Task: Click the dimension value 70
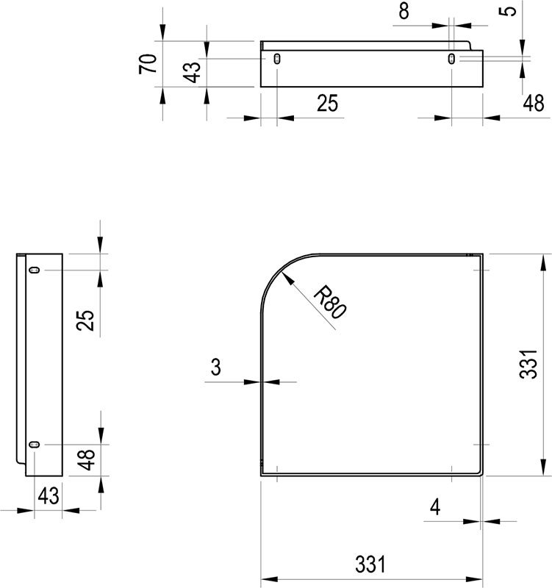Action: point(147,64)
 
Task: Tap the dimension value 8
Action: point(404,12)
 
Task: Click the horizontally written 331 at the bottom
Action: point(370,564)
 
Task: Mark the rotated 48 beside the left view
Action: point(87,460)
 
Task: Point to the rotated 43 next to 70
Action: point(192,71)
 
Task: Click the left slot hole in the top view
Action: point(276,59)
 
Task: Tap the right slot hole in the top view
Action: point(451,59)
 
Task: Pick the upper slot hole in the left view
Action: point(34,270)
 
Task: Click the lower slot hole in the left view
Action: point(34,445)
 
